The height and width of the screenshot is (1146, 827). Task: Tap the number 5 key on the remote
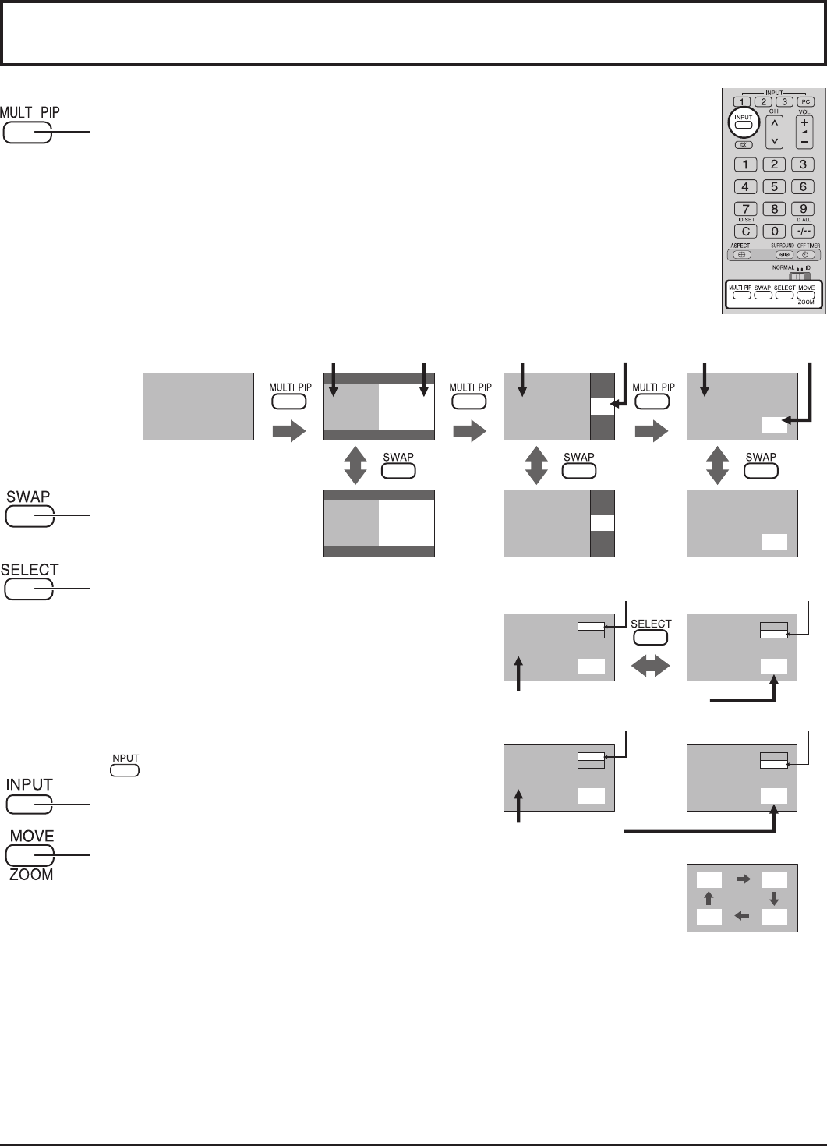[773, 186]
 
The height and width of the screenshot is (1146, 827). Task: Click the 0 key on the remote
[773, 232]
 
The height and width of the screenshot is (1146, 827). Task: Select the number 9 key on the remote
[802, 209]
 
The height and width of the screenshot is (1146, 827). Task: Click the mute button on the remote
[744, 144]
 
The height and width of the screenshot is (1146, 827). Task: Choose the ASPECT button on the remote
[742, 254]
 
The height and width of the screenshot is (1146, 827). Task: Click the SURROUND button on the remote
[783, 254]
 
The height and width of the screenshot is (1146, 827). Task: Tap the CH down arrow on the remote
[773, 140]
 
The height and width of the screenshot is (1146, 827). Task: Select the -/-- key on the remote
[802, 232]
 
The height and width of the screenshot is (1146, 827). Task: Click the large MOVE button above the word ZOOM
[30, 855]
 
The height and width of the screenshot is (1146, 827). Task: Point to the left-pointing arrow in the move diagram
[742, 916]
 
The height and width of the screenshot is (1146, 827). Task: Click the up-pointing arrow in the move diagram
[709, 898]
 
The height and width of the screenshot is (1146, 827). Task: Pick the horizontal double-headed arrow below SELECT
[651, 665]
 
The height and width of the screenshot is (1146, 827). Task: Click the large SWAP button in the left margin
[30, 516]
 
